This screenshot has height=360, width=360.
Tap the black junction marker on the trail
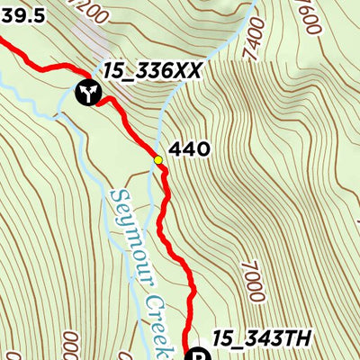point(87,92)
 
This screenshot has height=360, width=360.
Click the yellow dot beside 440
point(158,160)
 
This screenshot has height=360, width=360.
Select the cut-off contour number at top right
point(311,18)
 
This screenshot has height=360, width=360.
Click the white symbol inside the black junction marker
point(87,92)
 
